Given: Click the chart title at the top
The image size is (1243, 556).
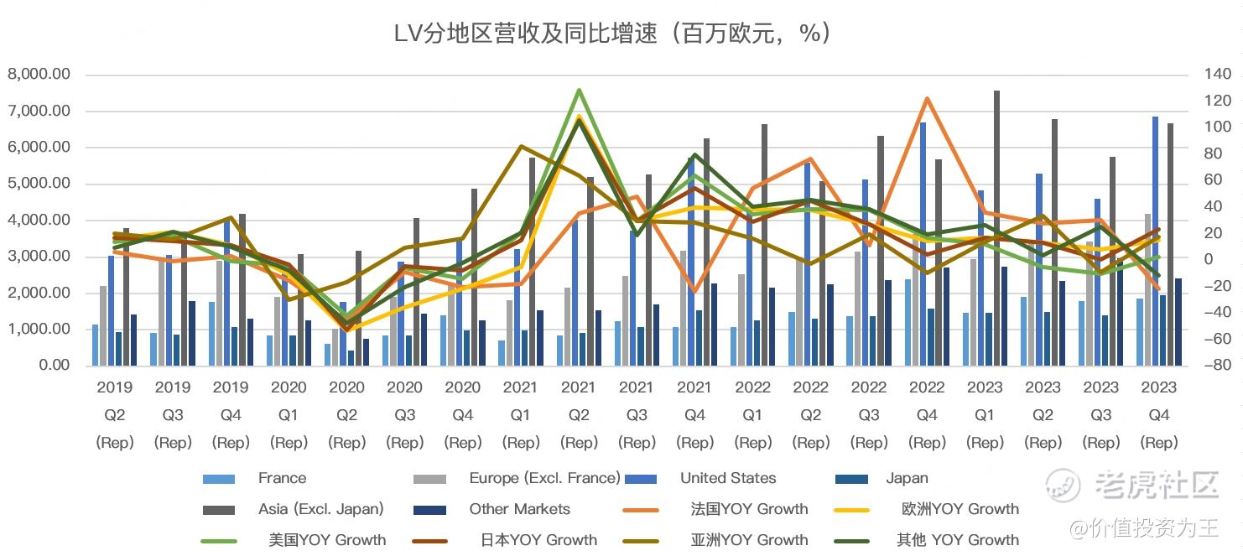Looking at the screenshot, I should pyautogui.click(x=612, y=33).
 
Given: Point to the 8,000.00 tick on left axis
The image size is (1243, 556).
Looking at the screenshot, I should pyautogui.click(x=39, y=75).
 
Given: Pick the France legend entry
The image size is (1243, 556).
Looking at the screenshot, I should pyautogui.click(x=282, y=479).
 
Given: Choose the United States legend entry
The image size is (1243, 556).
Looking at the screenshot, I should pyautogui.click(x=727, y=479).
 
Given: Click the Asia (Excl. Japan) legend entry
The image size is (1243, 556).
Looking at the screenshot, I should pyautogui.click(x=320, y=509).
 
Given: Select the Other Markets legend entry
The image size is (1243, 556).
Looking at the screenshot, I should pyautogui.click(x=519, y=509).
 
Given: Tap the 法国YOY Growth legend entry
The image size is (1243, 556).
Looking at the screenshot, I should pyautogui.click(x=749, y=509).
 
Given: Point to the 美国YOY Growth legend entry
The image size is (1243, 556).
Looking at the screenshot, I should pyautogui.click(x=327, y=540).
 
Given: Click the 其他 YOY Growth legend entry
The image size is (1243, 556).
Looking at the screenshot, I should pyautogui.click(x=957, y=540).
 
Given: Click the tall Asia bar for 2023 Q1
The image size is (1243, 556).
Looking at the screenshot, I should pyautogui.click(x=996, y=226).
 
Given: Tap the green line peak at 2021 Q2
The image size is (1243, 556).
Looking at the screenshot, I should pyautogui.click(x=579, y=90).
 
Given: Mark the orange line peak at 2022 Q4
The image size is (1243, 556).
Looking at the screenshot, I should pyautogui.click(x=927, y=98).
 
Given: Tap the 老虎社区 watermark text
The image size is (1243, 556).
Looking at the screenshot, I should pyautogui.click(x=1156, y=484).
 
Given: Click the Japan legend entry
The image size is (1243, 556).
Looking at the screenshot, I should pyautogui.click(x=907, y=479).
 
